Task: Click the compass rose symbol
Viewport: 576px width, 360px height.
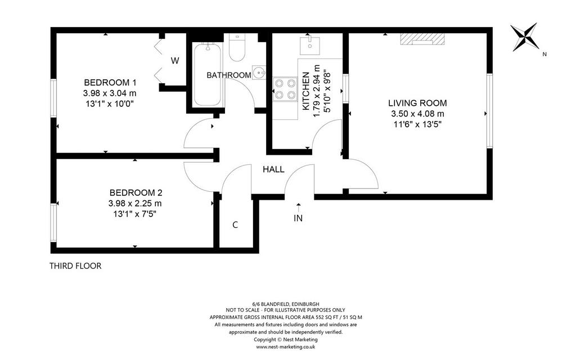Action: [x=525, y=37]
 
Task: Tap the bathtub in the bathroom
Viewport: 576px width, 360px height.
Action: [x=207, y=75]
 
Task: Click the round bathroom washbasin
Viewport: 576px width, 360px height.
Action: [x=259, y=73]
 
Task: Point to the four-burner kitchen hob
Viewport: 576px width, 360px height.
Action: [x=285, y=89]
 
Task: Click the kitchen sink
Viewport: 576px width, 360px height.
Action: [x=310, y=46]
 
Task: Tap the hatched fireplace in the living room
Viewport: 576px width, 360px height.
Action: [x=422, y=38]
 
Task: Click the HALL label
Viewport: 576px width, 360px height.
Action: [x=273, y=169]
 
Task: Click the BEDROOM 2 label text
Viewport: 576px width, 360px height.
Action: [x=136, y=192]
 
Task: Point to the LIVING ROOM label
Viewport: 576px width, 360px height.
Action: [x=418, y=103]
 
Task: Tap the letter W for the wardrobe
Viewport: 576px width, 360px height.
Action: [x=175, y=61]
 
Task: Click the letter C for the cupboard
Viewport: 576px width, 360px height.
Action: [x=235, y=225]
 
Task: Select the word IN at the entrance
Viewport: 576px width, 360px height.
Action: [x=298, y=218]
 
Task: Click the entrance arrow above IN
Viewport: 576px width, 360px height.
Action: [x=298, y=206]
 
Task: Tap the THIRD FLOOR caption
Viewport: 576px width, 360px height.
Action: [x=75, y=266]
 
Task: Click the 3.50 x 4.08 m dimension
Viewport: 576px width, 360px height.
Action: [x=418, y=114]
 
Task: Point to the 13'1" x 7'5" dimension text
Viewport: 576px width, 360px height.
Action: [x=135, y=214]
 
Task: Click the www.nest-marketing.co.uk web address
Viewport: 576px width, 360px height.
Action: [x=285, y=346]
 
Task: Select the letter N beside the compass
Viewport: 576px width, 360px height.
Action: [x=544, y=55]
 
